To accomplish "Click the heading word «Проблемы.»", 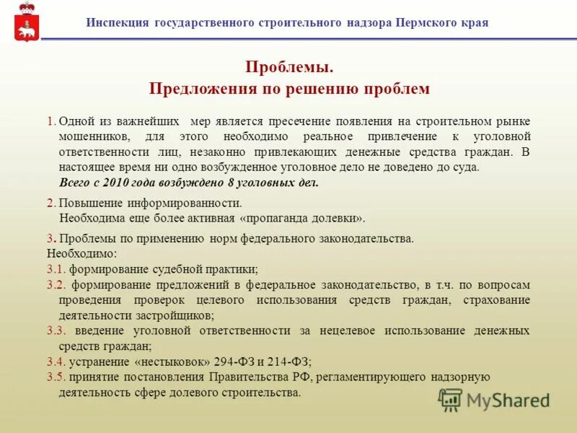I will coord(288,67).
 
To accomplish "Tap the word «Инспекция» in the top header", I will coord(118,22).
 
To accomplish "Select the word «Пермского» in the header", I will coord(425,22).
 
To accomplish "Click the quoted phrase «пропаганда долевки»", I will coord(302,218).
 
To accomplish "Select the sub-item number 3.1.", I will coord(56,268).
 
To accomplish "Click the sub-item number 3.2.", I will coord(56,284).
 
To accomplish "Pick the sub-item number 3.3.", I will coord(56,331).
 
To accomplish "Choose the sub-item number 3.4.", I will coord(56,362).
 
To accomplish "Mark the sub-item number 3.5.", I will coord(56,377).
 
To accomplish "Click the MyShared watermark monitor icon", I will coord(451,400).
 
